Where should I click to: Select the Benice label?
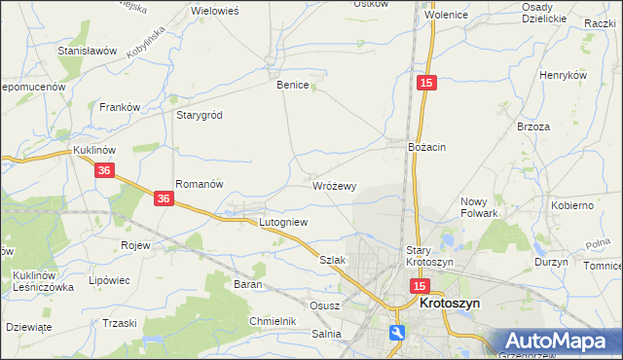point(292,85)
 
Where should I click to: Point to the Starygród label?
point(200,115)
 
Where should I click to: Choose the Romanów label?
point(200,183)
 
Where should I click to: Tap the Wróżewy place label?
point(334,185)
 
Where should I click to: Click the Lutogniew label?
point(283,222)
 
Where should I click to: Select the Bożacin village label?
point(426,147)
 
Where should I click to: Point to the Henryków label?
point(565,75)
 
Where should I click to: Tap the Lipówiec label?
point(109,280)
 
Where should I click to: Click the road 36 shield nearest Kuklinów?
point(106,169)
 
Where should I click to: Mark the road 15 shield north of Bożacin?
point(426,84)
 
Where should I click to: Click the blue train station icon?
point(397,333)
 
